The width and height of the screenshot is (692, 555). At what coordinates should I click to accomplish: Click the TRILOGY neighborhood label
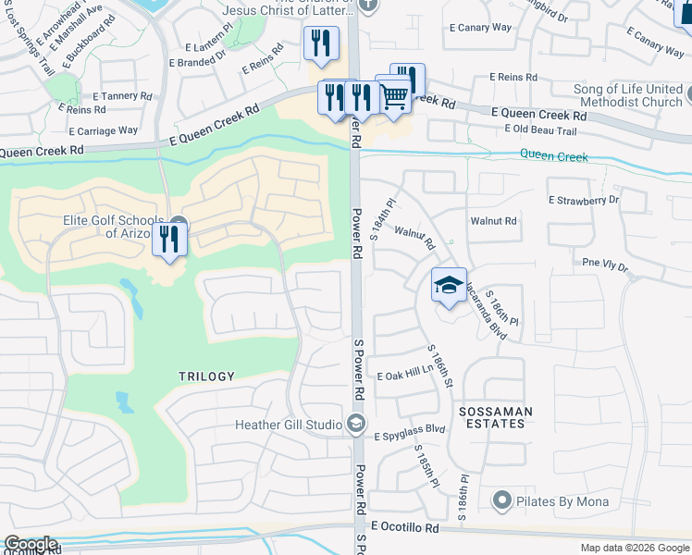click(207, 376)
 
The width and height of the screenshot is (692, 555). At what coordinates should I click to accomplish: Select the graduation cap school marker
click(449, 286)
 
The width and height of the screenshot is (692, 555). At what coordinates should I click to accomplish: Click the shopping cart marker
click(394, 94)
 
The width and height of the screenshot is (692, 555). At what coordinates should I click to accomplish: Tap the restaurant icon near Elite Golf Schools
click(169, 239)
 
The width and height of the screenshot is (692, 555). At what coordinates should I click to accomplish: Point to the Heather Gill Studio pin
click(356, 425)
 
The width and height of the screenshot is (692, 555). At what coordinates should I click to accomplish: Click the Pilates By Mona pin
click(502, 500)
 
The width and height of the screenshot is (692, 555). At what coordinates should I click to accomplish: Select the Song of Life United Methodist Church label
click(628, 95)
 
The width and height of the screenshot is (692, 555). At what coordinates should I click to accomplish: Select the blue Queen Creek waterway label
click(553, 156)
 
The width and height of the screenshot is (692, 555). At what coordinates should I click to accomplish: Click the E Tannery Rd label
click(122, 95)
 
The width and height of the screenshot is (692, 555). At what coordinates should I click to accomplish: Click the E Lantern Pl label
click(205, 47)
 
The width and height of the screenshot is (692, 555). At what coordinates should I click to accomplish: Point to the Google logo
click(31, 544)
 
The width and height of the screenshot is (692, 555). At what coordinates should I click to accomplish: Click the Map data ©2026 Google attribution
click(635, 548)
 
